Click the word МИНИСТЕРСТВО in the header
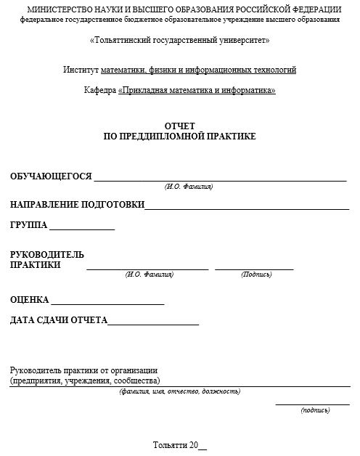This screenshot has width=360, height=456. (57, 9)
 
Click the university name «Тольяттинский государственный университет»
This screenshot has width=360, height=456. (179, 40)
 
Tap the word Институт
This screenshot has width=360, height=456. (81, 70)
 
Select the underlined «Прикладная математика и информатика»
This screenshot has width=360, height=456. (197, 91)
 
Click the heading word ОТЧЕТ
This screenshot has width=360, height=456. (180, 126)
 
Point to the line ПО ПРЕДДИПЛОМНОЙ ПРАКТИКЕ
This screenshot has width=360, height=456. (180, 136)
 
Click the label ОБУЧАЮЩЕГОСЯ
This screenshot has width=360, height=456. (51, 176)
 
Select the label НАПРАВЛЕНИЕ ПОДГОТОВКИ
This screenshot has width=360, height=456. (77, 205)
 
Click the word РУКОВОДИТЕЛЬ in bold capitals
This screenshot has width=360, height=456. (47, 255)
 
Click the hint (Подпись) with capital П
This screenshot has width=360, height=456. (256, 275)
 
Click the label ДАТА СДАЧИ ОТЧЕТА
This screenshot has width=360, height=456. (59, 320)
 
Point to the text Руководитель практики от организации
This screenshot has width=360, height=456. (83, 370)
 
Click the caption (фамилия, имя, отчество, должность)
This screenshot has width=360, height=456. (180, 392)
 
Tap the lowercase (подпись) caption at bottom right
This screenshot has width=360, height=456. (315, 411)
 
